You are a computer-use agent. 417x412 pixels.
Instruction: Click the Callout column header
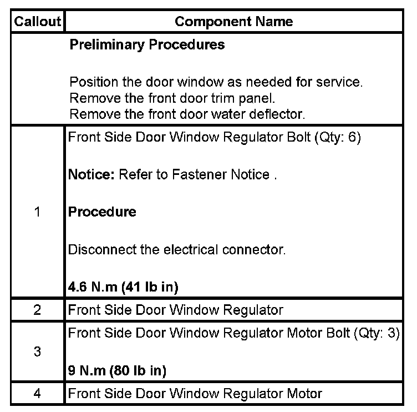coord(37,22)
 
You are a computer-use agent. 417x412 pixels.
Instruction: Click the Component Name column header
coord(233,22)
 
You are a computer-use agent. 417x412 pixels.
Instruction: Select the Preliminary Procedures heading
coord(147,45)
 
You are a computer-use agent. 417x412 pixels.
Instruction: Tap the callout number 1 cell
coord(37,212)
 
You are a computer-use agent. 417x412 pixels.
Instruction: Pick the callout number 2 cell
coord(37,310)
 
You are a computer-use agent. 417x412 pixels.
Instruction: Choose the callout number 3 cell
coord(37,351)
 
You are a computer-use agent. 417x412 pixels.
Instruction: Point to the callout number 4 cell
coord(37,394)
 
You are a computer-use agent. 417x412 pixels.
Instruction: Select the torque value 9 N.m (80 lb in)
coord(117,370)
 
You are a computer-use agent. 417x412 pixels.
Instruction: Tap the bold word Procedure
coord(102,212)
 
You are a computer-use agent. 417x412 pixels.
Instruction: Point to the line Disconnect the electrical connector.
coord(177,249)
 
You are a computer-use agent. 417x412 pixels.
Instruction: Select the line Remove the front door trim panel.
coord(172,99)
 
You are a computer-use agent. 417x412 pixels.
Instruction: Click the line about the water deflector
coord(188,114)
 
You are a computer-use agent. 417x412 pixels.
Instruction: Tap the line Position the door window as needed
coord(216,83)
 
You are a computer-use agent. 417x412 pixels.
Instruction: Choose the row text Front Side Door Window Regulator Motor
coord(195,394)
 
